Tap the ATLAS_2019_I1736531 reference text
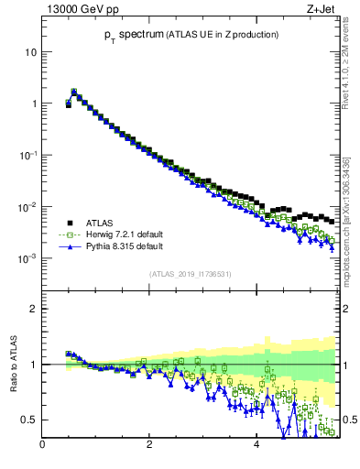coord(189,274)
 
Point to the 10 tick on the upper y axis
coord(30,52)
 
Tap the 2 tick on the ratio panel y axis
coord(33,310)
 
